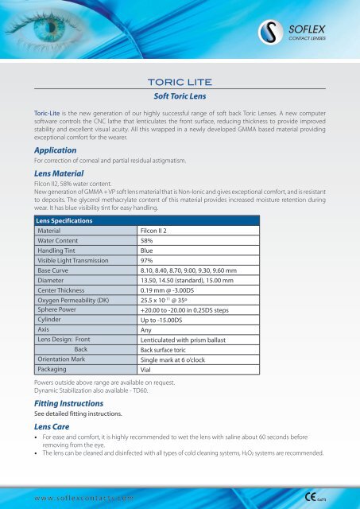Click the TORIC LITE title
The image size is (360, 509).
(180, 81)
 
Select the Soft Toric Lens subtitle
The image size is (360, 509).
(180, 94)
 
